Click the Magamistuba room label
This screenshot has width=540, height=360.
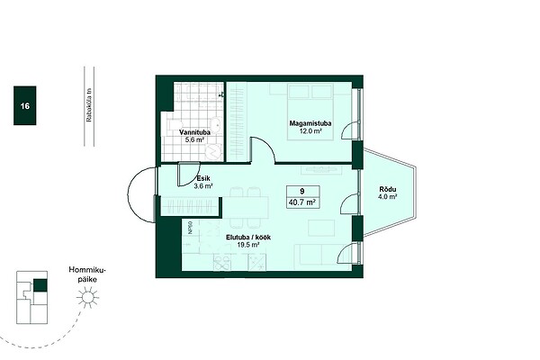pos(310,123)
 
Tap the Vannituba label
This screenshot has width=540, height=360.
pos(194,132)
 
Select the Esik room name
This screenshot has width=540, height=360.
pos(203,178)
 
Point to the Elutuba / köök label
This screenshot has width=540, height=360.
pos(248,238)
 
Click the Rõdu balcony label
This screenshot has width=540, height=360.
pos(388,189)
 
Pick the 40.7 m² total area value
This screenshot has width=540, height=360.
pos(302,202)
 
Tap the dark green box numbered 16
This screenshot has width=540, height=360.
pos(25,105)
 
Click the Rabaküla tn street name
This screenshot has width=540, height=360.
pos(89,105)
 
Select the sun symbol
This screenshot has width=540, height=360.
pos(88,297)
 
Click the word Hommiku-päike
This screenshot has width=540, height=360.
pos(87,274)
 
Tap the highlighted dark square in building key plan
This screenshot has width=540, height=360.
pos(40,285)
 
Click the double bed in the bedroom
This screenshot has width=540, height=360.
pos(310,112)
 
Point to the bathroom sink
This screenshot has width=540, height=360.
pos(216,123)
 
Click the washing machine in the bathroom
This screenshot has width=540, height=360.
pos(214,151)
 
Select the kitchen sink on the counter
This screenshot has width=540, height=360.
pos(222,263)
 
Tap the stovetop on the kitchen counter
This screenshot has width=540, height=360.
pos(256,263)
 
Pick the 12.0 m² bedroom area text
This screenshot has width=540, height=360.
pos(310,130)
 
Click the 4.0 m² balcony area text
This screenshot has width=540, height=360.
pos(388,197)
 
